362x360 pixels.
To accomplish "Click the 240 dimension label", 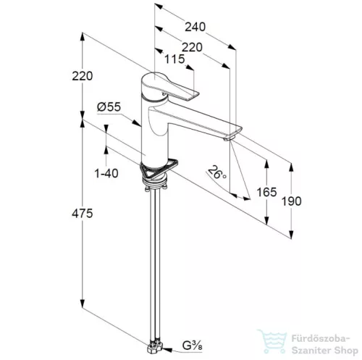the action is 195,27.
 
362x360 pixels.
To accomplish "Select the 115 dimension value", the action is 174,59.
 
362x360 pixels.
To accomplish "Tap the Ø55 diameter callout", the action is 109,106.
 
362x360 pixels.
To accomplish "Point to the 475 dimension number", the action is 83,214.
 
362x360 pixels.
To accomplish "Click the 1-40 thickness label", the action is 106,173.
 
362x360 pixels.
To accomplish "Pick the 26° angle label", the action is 217,172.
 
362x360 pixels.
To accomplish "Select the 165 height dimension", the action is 266,192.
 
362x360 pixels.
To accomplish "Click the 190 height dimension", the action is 292,201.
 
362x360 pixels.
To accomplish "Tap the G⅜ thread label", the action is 192,346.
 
